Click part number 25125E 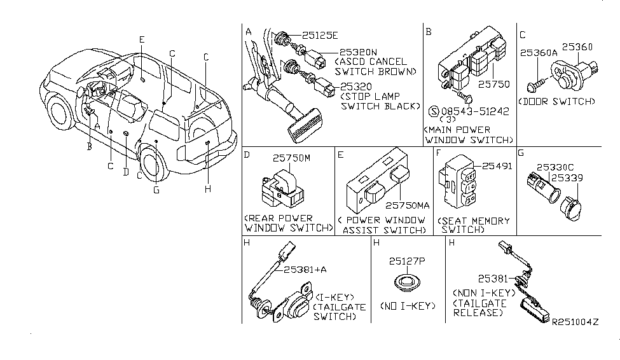click(321, 36)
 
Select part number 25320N click(359, 53)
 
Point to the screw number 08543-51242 click(472, 111)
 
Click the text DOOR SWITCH click(557, 102)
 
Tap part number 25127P click(408, 261)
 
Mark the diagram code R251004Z click(575, 323)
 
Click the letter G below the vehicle click(156, 188)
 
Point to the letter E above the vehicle click(142, 39)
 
